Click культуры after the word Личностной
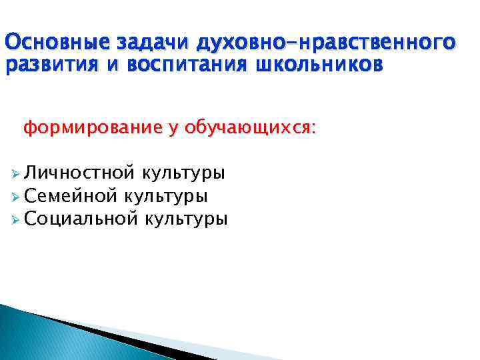point(183,175)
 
